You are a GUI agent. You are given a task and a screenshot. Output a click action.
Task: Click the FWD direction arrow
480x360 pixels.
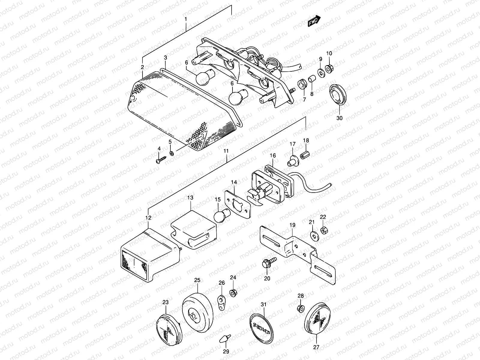314,21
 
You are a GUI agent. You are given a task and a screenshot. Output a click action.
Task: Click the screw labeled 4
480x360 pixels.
160,160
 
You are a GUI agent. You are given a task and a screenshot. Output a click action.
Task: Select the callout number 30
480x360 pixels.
339,118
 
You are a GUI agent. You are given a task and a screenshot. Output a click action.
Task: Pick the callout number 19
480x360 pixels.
292,225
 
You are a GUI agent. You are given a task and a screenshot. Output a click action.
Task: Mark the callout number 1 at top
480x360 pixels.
186,19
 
